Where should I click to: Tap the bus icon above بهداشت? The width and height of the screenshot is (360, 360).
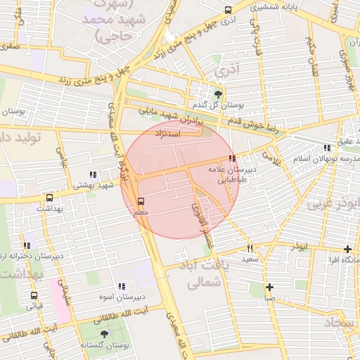tap(49, 198)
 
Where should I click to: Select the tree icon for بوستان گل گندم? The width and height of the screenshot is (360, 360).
tap(218, 94)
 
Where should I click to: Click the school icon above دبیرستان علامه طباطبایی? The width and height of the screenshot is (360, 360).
tap(232, 158)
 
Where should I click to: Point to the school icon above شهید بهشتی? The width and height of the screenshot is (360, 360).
tap(93, 174)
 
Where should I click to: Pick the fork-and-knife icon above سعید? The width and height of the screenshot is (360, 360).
tap(250, 248)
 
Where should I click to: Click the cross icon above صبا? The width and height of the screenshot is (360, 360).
tap(270, 287)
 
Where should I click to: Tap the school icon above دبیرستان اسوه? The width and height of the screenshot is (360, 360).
tap(122, 286)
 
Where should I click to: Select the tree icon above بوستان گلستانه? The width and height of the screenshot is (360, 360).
tap(105, 335)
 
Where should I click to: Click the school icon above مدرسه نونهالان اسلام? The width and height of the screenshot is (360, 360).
tap(326, 148)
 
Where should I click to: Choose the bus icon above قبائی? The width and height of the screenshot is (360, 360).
tap(34, 295)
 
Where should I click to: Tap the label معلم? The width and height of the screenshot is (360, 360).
tap(140, 212)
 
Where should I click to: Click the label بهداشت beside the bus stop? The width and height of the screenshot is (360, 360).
tap(49, 209)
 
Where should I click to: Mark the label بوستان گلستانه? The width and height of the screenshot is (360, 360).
tap(105, 345)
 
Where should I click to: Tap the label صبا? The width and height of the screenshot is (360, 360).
tap(270, 297)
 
